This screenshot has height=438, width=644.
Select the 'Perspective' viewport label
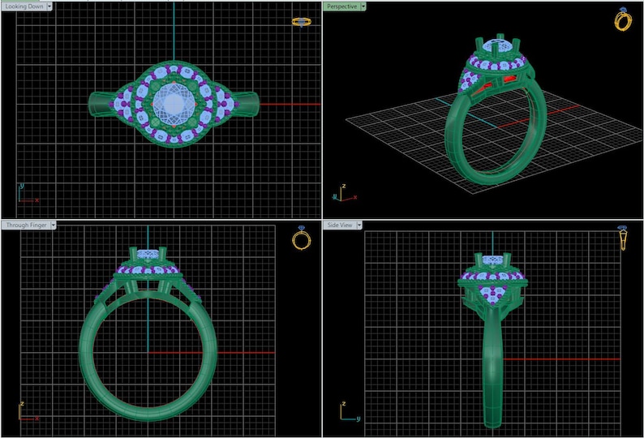(341, 6)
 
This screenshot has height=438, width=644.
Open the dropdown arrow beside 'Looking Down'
(50, 6)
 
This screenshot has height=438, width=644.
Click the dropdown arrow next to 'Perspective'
(363, 6)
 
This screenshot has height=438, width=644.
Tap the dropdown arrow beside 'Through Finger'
(54, 225)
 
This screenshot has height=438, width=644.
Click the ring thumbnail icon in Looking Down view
(301, 22)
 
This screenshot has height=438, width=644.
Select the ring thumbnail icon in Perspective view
(622, 20)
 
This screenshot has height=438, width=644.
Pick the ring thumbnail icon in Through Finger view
(301, 238)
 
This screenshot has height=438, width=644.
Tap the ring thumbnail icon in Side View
(622, 238)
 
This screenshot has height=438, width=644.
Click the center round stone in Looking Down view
(174, 106)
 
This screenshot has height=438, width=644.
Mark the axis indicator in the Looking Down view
(26, 193)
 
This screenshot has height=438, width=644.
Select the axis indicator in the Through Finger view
(26, 411)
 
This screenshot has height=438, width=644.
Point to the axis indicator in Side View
(347, 411)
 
